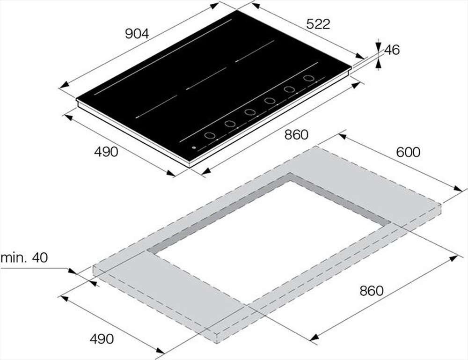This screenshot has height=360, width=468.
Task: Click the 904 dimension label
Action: point(137,34)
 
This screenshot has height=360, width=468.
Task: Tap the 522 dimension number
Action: point(318,24)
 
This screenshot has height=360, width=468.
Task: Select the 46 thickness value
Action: point(392,50)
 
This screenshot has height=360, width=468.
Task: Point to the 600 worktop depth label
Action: point(408,152)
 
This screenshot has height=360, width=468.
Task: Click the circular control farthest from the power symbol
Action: point(308,78)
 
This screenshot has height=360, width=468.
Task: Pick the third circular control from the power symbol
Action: point(249,113)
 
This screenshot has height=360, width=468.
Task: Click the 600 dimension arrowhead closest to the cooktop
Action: point(341,136)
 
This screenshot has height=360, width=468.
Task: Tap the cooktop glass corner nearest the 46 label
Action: point(351,68)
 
